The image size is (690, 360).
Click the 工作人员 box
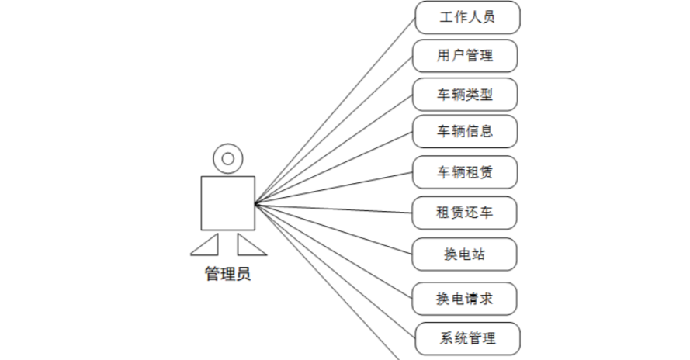(x=466, y=17)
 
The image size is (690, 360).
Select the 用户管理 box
(x=466, y=56)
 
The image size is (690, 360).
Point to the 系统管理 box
(x=466, y=338)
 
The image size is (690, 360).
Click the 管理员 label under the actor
(x=227, y=273)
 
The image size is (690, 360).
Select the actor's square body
(x=227, y=202)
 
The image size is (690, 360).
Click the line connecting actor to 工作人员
(x=335, y=110)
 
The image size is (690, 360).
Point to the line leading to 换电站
(x=335, y=228)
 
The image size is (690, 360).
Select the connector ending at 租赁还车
(x=335, y=208)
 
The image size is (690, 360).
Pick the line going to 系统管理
(x=335, y=270)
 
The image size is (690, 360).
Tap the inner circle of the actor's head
(x=227, y=158)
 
